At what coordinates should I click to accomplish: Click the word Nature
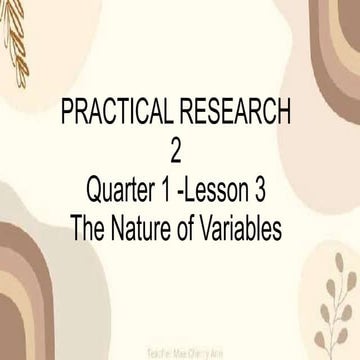pyautogui.click(x=147, y=227)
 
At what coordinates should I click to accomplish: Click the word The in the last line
pyautogui.click(x=90, y=227)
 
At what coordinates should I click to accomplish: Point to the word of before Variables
pyautogui.click(x=195, y=227)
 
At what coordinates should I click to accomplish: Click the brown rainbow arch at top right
pyautogui.click(x=320, y=60)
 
